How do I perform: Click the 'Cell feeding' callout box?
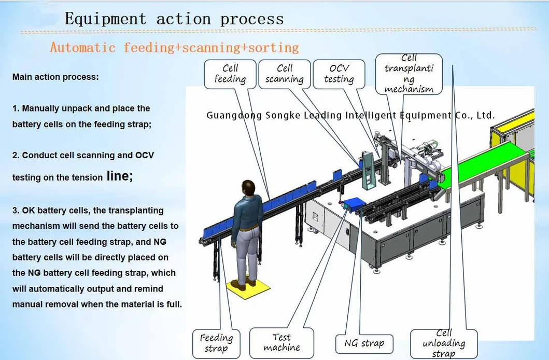(x=230, y=74)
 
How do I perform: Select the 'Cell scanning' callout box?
(x=285, y=74)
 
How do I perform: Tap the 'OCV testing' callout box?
(x=339, y=74)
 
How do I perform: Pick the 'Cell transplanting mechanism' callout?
(x=409, y=74)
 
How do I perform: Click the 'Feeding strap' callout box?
(x=216, y=343)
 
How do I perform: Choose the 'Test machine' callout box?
(x=281, y=342)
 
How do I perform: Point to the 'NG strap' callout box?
(x=364, y=343)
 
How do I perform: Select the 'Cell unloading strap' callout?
(x=444, y=343)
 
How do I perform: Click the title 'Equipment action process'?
(x=174, y=19)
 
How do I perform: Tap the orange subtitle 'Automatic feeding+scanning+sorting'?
(x=174, y=48)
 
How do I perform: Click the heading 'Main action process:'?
(x=55, y=77)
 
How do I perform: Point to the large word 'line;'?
(x=120, y=176)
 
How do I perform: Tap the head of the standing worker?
(x=245, y=188)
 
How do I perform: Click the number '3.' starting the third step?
(x=17, y=211)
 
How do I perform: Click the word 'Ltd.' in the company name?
(x=485, y=115)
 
